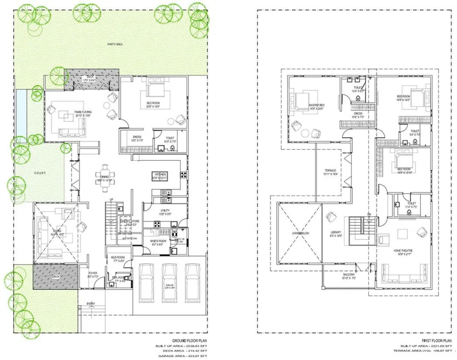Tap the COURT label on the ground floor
(x=40, y=173)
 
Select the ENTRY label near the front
(x=91, y=303)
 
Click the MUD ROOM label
(x=118, y=258)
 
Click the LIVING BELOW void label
(x=300, y=234)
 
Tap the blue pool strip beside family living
(x=20, y=112)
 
